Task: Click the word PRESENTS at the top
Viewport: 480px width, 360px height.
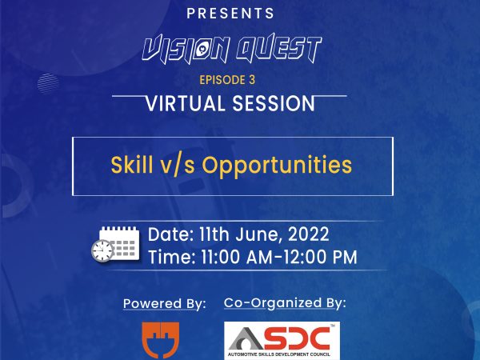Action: click(x=230, y=14)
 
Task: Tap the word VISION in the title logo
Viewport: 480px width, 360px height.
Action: click(x=186, y=49)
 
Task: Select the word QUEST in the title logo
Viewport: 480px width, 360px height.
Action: click(x=279, y=48)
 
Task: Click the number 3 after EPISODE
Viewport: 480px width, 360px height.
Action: click(x=252, y=80)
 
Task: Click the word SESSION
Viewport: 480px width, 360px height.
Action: click(x=274, y=103)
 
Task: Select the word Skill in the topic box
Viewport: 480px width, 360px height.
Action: click(x=132, y=165)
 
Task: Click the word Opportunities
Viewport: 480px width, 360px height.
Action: click(x=277, y=166)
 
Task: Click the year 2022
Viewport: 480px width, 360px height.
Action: click(x=309, y=234)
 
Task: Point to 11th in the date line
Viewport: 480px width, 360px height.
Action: click(x=214, y=234)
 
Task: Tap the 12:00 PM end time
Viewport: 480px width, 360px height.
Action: click(x=319, y=257)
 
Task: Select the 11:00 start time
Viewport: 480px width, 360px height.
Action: click(x=221, y=257)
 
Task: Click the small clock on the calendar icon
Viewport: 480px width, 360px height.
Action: click(x=102, y=250)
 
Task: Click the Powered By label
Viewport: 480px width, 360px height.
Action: click(x=165, y=304)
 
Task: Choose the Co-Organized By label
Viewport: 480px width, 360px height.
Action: click(x=285, y=303)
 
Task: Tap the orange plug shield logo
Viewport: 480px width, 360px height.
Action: click(x=161, y=340)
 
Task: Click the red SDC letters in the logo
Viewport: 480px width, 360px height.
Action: click(x=296, y=338)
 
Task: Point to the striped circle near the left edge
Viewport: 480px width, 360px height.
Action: click(x=48, y=83)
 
